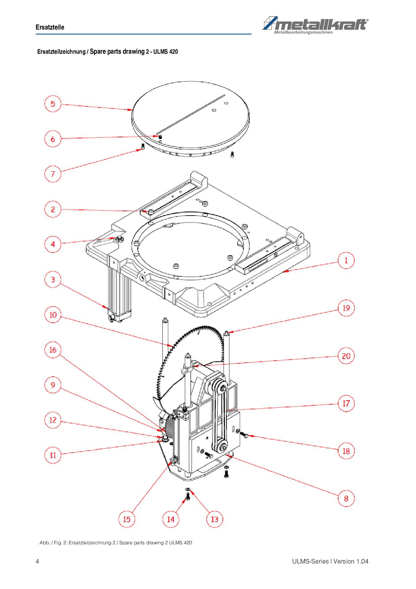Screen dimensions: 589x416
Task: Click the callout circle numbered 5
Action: click(x=53, y=103)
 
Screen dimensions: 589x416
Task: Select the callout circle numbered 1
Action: click(x=346, y=260)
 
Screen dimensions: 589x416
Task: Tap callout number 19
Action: click(x=346, y=308)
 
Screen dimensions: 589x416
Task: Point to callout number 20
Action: click(x=346, y=356)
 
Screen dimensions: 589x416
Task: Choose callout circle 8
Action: click(x=346, y=498)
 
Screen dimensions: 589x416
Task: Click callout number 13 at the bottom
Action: click(x=214, y=519)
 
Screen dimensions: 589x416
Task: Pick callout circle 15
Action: click(x=126, y=519)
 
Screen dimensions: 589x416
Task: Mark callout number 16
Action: click(x=53, y=350)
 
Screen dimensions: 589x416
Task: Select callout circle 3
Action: click(x=53, y=279)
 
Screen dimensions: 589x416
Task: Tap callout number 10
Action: click(x=53, y=315)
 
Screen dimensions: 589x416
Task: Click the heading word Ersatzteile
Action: click(x=50, y=27)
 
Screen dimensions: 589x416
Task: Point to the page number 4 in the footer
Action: click(x=37, y=561)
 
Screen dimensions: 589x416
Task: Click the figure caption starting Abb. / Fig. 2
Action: click(x=116, y=543)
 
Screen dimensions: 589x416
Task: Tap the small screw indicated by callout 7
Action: click(x=143, y=146)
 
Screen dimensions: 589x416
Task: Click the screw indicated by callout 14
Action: click(x=188, y=496)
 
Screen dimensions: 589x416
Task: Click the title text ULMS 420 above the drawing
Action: click(x=166, y=52)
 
